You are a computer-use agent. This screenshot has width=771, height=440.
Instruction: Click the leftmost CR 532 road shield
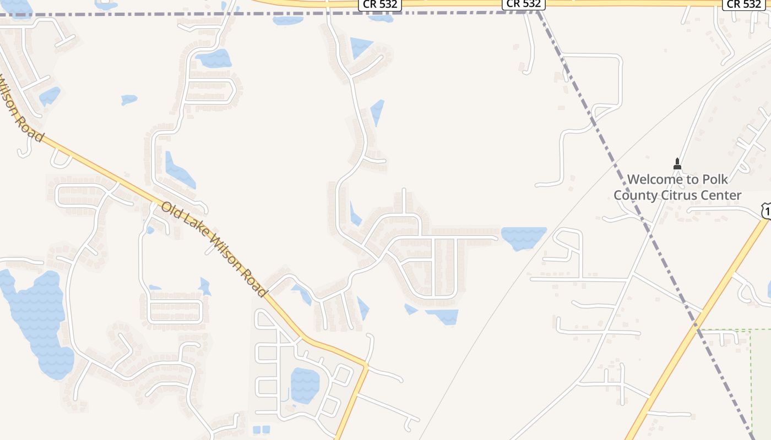381,4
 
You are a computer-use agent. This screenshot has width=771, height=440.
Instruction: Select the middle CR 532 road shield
524,4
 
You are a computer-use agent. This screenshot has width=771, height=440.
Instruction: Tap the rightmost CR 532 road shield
744,4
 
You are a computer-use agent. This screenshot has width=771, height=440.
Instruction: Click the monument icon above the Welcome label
677,164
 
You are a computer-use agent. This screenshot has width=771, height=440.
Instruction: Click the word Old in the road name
171,211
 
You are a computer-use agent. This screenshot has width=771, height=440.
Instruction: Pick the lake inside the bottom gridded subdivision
305,385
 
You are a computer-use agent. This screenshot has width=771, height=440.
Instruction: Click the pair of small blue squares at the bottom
262,430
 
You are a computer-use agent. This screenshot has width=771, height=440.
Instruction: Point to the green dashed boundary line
751,374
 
